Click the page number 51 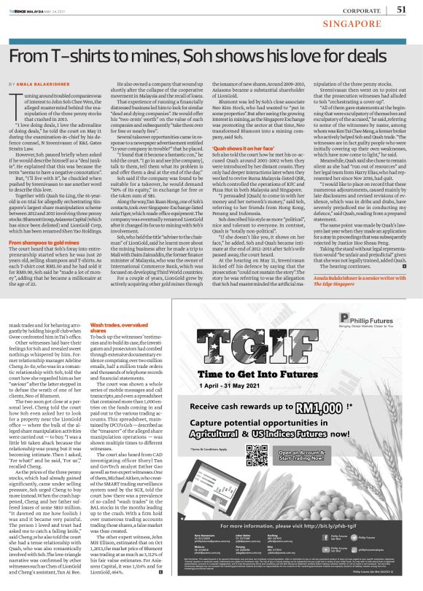(400, 9)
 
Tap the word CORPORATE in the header (359, 9)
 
